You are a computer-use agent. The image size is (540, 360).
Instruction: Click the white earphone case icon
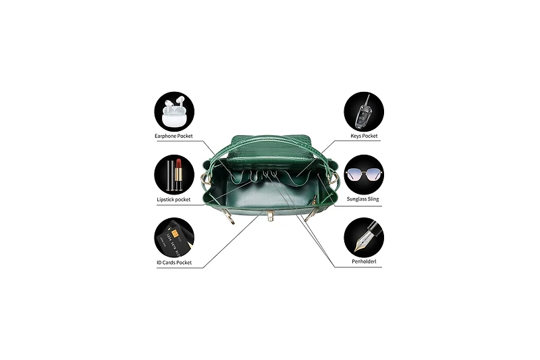tap(174, 113)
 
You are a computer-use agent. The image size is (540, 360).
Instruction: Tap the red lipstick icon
tap(178, 174)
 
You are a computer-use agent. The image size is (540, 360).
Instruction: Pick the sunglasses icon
tap(364, 174)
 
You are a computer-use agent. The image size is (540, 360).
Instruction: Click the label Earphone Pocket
tap(173, 136)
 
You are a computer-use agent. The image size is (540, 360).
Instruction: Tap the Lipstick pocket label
tap(173, 199)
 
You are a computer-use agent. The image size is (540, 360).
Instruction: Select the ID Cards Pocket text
tap(174, 263)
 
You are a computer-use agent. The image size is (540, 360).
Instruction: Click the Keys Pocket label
tap(364, 136)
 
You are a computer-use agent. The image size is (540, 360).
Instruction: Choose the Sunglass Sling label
tap(363, 199)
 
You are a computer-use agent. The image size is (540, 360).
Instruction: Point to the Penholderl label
tap(364, 261)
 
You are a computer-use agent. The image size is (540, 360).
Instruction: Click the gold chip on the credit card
tap(175, 234)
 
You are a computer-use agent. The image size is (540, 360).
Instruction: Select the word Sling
tap(373, 199)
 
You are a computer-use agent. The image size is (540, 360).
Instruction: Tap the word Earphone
tap(165, 136)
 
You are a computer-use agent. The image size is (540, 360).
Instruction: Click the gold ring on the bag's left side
tap(203, 180)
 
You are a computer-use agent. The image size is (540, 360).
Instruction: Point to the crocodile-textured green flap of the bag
tap(272, 147)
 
